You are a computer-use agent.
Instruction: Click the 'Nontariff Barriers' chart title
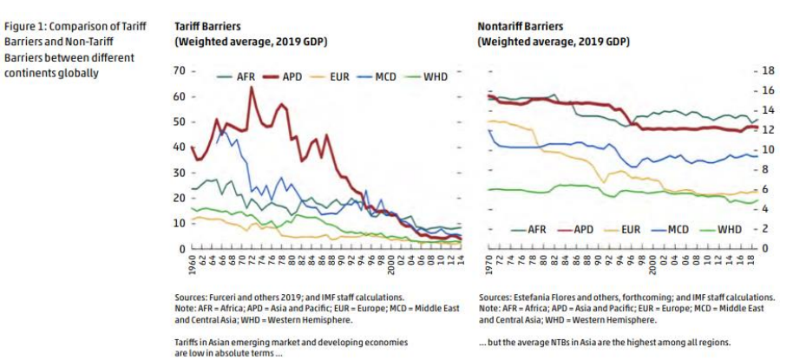(522, 27)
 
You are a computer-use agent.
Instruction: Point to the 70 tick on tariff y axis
(180, 70)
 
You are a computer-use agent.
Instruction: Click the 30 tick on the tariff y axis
(180, 173)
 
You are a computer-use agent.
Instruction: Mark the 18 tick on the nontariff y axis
(767, 70)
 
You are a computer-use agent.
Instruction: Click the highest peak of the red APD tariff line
(252, 88)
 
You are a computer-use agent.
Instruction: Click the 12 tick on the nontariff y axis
(767, 129)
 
